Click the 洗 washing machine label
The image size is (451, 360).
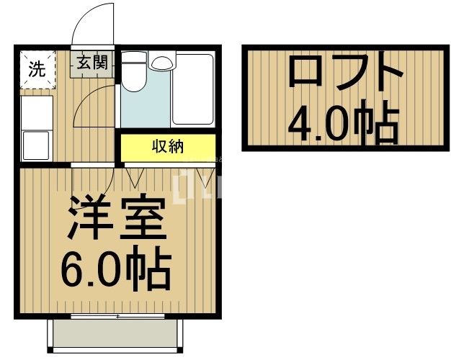(x=36, y=69)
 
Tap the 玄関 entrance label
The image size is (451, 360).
(x=91, y=63)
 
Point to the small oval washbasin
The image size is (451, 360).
(x=161, y=63)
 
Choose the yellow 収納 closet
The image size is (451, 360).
(x=167, y=148)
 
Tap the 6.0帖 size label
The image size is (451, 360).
(x=115, y=268)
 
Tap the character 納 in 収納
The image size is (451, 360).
(x=176, y=148)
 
